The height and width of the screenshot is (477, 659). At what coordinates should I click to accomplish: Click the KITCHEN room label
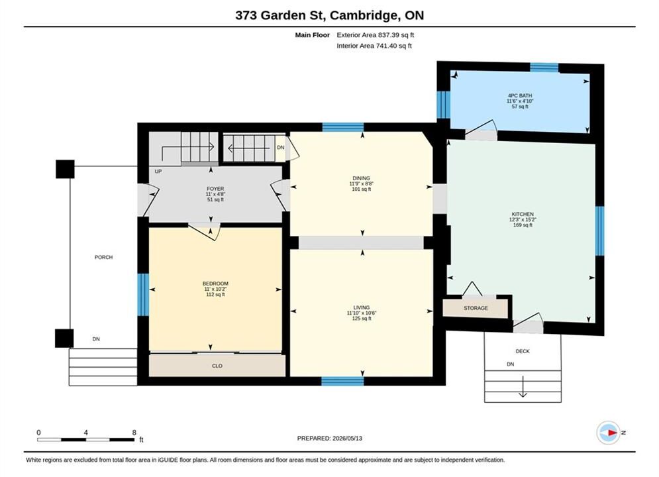tap(523, 214)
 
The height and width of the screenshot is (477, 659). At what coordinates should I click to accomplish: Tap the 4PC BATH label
tap(520, 95)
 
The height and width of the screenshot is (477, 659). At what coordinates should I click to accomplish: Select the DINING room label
tap(362, 178)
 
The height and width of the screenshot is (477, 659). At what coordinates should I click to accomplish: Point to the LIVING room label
tap(362, 307)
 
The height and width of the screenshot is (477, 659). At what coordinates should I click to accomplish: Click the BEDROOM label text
tap(216, 284)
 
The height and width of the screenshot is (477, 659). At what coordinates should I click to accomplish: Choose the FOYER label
tap(215, 189)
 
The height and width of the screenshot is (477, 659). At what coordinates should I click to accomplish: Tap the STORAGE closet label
tap(476, 308)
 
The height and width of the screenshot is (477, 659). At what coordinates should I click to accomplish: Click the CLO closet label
tap(217, 366)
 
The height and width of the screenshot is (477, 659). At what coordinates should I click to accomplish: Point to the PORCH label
tap(103, 257)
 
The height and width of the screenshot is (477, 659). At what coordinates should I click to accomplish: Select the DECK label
tap(523, 351)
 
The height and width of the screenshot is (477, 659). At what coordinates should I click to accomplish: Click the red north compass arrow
tap(612, 433)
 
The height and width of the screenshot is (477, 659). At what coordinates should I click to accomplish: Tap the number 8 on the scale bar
tap(134, 433)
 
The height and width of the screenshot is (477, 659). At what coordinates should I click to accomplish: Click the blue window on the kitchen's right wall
tap(600, 231)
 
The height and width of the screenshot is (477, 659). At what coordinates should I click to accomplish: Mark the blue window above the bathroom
tap(544, 68)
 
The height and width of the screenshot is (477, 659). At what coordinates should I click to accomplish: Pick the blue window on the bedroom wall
tap(143, 295)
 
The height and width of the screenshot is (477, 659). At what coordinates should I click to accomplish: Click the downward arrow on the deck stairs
tap(523, 386)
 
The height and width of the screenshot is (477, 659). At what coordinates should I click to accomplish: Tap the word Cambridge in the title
tap(364, 15)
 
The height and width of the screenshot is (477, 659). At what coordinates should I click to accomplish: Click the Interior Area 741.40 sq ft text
tap(374, 46)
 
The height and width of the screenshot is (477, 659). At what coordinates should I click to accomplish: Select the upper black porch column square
tap(65, 169)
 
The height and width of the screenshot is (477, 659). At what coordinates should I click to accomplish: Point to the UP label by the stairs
tap(158, 172)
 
